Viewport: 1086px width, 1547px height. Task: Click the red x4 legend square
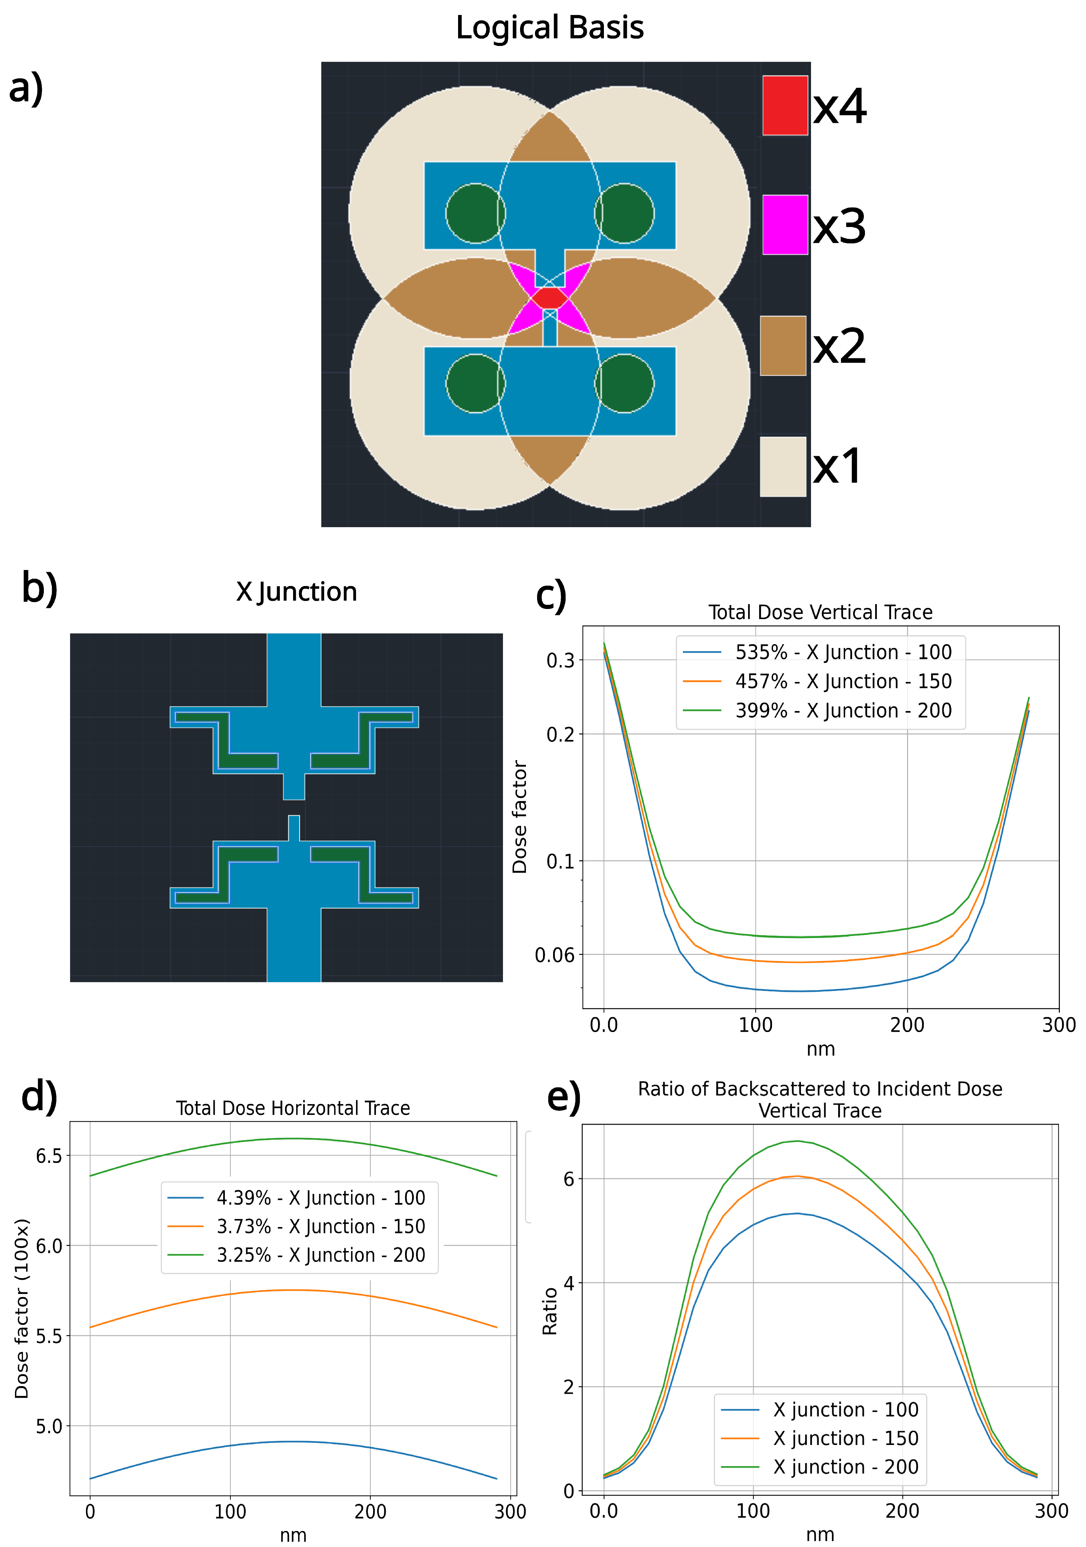point(785,105)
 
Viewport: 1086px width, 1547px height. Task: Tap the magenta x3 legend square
point(785,225)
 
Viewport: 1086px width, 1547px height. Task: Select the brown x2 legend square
point(783,346)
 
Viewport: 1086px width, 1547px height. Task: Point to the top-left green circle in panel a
point(475,213)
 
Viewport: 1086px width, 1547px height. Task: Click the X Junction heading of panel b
point(297,592)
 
